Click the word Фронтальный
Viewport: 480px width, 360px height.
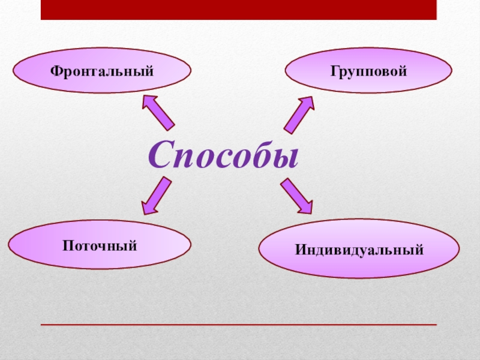pos(102,71)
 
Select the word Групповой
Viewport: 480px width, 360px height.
pos(368,71)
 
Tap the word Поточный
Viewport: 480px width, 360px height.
pos(100,245)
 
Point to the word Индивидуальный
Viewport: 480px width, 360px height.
pos(359,248)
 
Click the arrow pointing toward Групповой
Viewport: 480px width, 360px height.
pos(298,115)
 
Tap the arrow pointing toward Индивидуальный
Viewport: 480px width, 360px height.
pos(296,196)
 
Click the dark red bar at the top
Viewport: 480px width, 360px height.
pos(238,10)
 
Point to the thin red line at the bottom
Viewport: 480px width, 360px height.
pos(238,325)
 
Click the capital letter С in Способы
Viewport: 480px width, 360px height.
pos(160,154)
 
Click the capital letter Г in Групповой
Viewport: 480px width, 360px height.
pos(332,71)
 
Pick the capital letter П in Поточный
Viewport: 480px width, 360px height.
pos(67,245)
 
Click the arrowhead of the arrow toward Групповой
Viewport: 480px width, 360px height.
pos(307,104)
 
